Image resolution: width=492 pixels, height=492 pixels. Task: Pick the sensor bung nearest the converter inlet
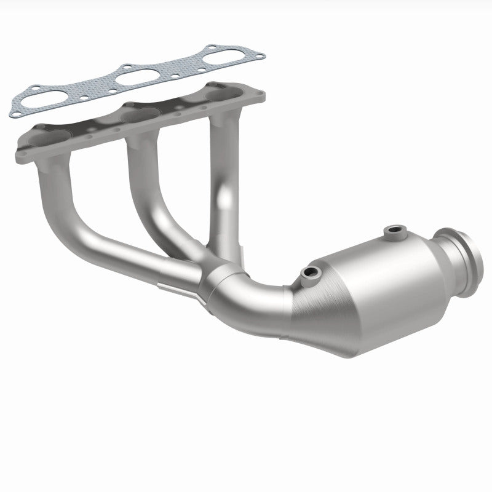[x=308, y=272]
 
